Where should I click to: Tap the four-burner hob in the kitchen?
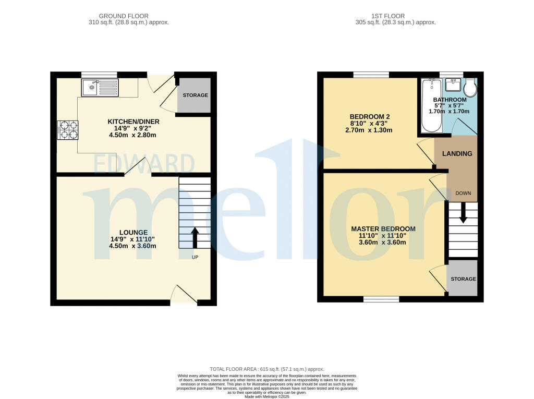coord(69,130)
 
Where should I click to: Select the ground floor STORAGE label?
coord(195,95)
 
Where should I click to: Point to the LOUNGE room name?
coord(133,232)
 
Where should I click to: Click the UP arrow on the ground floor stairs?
coord(195,237)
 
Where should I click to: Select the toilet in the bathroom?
coord(470,88)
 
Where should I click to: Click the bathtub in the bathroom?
coord(431,105)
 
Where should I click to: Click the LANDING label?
coord(457,153)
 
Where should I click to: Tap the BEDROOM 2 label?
coord(369,116)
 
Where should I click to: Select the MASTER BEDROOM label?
coord(383,229)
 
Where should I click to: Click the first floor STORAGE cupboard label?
coord(463,279)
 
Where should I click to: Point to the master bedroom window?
coord(381,299)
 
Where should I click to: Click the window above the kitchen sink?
coord(99,75)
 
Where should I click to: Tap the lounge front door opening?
coord(184,301)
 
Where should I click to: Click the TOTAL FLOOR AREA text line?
coord(266,369)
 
